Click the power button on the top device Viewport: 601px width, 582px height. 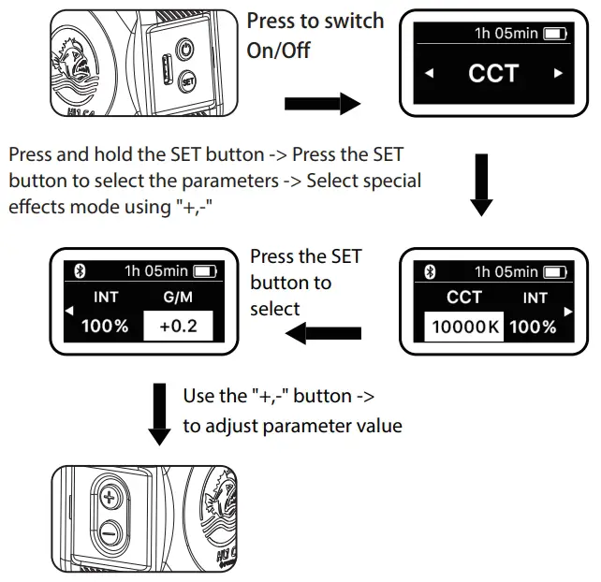click(x=184, y=48)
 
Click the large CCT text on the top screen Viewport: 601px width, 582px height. click(x=492, y=73)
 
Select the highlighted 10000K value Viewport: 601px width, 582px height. click(x=462, y=327)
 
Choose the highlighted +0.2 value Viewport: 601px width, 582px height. click(x=178, y=327)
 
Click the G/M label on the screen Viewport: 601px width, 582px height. click(x=178, y=297)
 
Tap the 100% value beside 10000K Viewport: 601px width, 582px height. click(x=535, y=327)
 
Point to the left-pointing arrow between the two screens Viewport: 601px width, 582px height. click(x=324, y=332)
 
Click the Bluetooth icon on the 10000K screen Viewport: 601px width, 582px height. click(x=431, y=272)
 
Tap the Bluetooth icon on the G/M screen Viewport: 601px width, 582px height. click(x=80, y=272)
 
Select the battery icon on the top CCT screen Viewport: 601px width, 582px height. click(x=555, y=34)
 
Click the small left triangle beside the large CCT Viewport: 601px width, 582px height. click(x=429, y=73)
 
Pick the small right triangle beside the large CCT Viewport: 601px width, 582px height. click(x=558, y=73)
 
